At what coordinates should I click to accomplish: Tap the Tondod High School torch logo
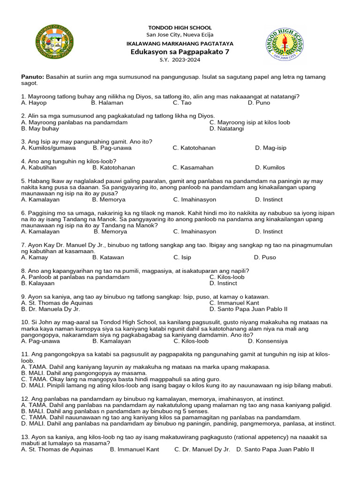pos(284,45)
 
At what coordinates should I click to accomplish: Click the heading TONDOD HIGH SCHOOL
pos(180,28)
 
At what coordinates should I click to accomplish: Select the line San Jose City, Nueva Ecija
pos(180,35)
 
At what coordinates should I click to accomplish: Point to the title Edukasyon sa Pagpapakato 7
pos(180,52)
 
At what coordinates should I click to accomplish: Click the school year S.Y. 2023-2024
pos(180,60)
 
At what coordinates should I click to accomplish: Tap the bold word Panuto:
pos(32,77)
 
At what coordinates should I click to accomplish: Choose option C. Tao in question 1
pos(182,103)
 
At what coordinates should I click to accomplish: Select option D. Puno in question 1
pos(259,103)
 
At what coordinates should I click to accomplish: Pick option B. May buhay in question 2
pos(40,128)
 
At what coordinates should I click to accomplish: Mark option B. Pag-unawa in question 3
pos(112,148)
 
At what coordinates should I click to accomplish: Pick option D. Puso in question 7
pos(265,257)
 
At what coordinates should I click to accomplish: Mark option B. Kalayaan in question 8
pos(38,283)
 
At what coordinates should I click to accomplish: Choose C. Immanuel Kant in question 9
pos(234,303)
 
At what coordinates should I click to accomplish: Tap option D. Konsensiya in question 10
pos(268,341)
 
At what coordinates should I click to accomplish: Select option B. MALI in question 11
pos(77,373)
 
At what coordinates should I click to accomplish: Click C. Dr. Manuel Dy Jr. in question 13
pos(202,450)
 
